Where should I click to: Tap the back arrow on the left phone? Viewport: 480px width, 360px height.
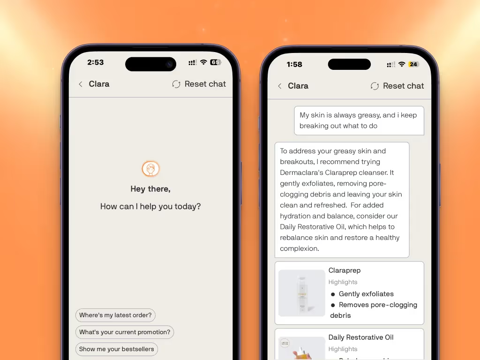click(81, 84)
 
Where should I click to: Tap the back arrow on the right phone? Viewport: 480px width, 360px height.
click(279, 86)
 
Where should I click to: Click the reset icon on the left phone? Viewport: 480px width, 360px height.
click(176, 84)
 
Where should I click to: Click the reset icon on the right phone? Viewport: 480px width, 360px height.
click(375, 86)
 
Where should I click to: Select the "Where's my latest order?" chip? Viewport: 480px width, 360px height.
click(115, 315)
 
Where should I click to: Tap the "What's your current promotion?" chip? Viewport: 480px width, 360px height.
click(125, 332)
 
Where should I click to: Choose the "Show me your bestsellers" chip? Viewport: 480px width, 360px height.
click(117, 349)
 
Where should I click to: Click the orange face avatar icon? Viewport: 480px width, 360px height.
click(150, 169)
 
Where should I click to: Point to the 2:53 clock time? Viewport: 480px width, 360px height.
click(96, 62)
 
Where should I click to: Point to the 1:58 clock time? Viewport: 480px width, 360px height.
click(294, 64)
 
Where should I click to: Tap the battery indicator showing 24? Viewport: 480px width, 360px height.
click(413, 64)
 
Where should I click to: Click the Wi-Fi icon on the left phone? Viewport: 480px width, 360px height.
click(203, 62)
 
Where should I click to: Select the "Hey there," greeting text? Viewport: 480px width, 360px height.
click(150, 189)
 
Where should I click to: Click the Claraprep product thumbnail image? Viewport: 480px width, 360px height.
click(301, 293)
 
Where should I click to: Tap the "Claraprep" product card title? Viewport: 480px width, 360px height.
click(345, 270)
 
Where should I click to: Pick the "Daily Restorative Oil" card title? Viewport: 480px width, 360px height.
click(361, 337)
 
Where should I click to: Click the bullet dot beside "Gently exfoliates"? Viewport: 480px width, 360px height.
click(333, 294)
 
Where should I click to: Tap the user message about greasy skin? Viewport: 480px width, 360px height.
click(359, 120)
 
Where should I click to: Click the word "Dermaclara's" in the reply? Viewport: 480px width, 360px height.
click(301, 172)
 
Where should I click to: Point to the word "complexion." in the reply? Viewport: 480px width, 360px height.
click(300, 249)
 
